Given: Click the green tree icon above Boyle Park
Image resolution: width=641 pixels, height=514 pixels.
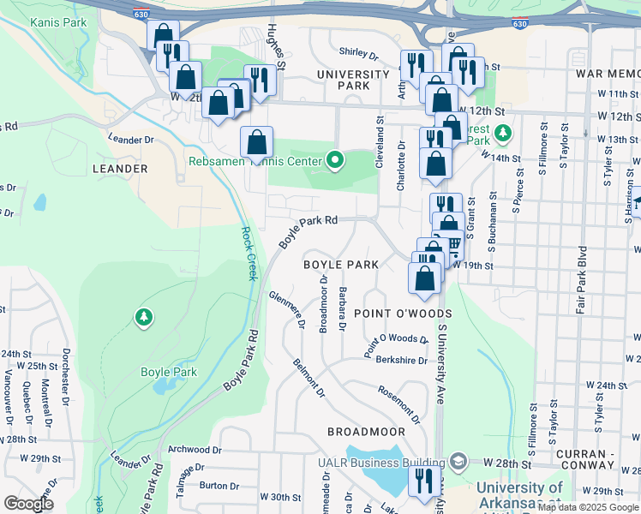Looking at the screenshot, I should [x=144, y=319].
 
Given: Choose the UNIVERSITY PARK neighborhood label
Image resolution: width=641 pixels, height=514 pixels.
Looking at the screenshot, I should [x=354, y=81].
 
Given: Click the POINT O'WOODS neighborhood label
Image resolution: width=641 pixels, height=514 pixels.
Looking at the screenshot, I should [x=402, y=314].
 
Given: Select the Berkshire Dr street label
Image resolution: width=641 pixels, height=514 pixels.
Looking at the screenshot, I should [x=401, y=361].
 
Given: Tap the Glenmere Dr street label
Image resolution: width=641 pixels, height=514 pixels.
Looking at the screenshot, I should [x=287, y=309].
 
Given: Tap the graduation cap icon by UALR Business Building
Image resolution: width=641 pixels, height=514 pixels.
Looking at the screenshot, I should [x=458, y=463].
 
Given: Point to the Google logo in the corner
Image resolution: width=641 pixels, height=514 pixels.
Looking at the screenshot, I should [x=29, y=504].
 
